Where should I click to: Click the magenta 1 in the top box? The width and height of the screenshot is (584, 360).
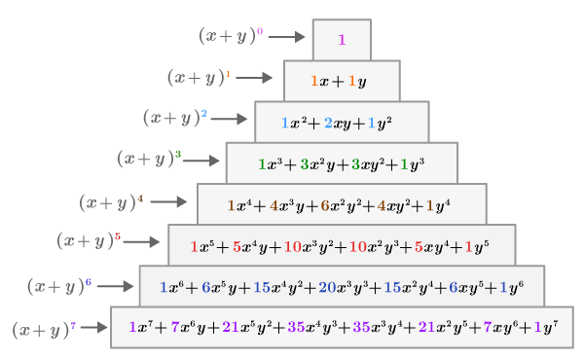342,40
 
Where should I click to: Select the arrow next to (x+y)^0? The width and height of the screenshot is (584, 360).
287,37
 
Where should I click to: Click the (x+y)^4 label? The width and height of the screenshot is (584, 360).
111,202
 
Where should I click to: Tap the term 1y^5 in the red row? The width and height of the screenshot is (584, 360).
476,246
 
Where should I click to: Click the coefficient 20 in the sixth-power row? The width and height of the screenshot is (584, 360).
327,287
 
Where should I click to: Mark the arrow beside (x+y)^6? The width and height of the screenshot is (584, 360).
115,286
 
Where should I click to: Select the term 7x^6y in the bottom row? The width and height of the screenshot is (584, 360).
184,328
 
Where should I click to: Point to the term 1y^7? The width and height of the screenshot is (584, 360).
545,328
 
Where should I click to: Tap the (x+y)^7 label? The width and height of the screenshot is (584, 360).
44,330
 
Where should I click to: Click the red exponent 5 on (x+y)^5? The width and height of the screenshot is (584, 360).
117,236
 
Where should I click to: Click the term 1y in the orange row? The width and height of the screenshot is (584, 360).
357,82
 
